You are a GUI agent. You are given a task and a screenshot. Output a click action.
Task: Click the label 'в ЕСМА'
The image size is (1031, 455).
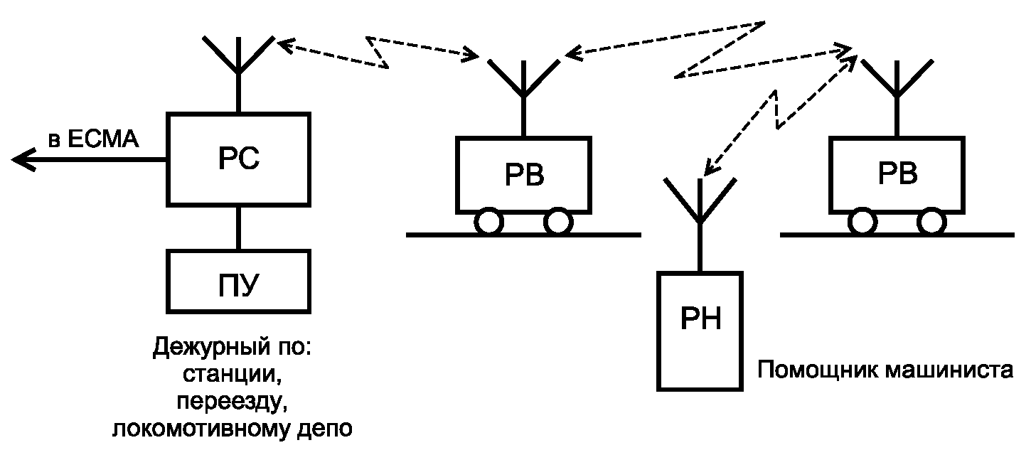pyautogui.click(x=93, y=139)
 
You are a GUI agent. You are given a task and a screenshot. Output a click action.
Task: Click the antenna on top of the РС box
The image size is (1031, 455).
pyautogui.click(x=238, y=74)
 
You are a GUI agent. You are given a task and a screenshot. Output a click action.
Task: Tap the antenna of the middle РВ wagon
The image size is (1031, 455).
pyautogui.click(x=523, y=97)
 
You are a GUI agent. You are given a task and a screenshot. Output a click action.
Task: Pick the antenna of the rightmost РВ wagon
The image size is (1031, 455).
pyautogui.click(x=897, y=97)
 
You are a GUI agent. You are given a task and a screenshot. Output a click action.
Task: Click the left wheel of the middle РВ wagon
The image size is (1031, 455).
pyautogui.click(x=488, y=222)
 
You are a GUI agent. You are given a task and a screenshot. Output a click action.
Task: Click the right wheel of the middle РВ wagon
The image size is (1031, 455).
pyautogui.click(x=558, y=222)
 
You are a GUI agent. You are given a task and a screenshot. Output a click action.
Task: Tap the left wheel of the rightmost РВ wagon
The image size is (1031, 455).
pyautogui.click(x=862, y=222)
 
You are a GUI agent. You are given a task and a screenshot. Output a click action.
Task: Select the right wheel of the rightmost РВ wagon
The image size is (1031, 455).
pyautogui.click(x=931, y=222)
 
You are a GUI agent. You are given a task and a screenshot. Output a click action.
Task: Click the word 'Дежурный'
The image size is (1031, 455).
pyautogui.click(x=212, y=348)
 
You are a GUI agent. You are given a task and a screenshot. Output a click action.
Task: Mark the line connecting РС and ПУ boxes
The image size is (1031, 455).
pyautogui.click(x=238, y=228)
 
